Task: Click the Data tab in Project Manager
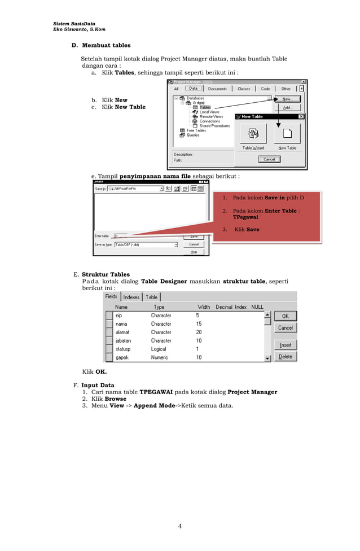194,89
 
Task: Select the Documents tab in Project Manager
217,89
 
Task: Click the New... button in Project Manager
287,99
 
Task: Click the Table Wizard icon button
253,133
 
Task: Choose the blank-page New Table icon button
287,133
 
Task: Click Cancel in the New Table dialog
269,159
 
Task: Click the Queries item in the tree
193,135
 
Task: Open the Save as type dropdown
175,245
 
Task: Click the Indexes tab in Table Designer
131,297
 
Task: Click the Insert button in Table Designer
286,345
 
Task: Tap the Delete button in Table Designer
286,357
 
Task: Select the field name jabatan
123,341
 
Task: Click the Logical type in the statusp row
159,349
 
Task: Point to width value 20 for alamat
199,333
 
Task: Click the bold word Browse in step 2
116,399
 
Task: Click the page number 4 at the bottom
180,527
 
